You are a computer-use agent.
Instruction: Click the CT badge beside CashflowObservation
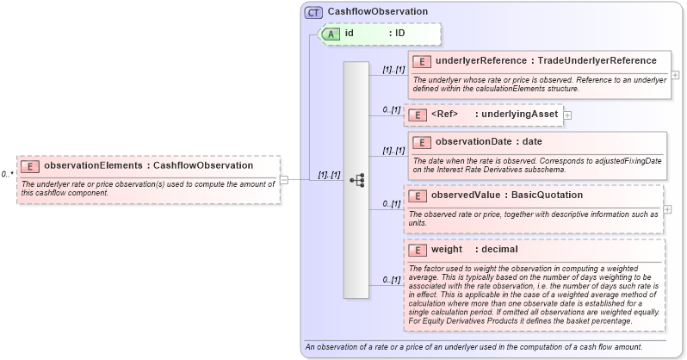click(x=313, y=11)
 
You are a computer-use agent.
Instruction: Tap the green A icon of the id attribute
click(x=331, y=34)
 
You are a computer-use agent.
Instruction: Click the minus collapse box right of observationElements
click(x=284, y=180)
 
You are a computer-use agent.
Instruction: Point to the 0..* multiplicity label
click(x=7, y=174)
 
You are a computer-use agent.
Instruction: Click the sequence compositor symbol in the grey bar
click(x=356, y=180)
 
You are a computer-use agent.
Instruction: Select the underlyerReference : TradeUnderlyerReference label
click(x=546, y=61)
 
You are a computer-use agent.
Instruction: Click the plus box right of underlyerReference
click(x=675, y=75)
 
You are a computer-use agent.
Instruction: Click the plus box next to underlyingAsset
click(x=567, y=115)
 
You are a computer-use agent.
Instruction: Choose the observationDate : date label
click(x=488, y=142)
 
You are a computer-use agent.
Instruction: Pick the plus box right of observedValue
click(x=668, y=209)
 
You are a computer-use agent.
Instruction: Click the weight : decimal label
click(x=474, y=250)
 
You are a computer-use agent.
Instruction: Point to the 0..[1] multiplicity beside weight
click(x=392, y=280)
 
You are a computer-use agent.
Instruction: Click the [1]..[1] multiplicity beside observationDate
click(x=393, y=151)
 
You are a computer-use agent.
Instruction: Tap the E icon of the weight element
click(x=417, y=250)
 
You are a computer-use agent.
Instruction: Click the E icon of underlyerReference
click(x=422, y=61)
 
